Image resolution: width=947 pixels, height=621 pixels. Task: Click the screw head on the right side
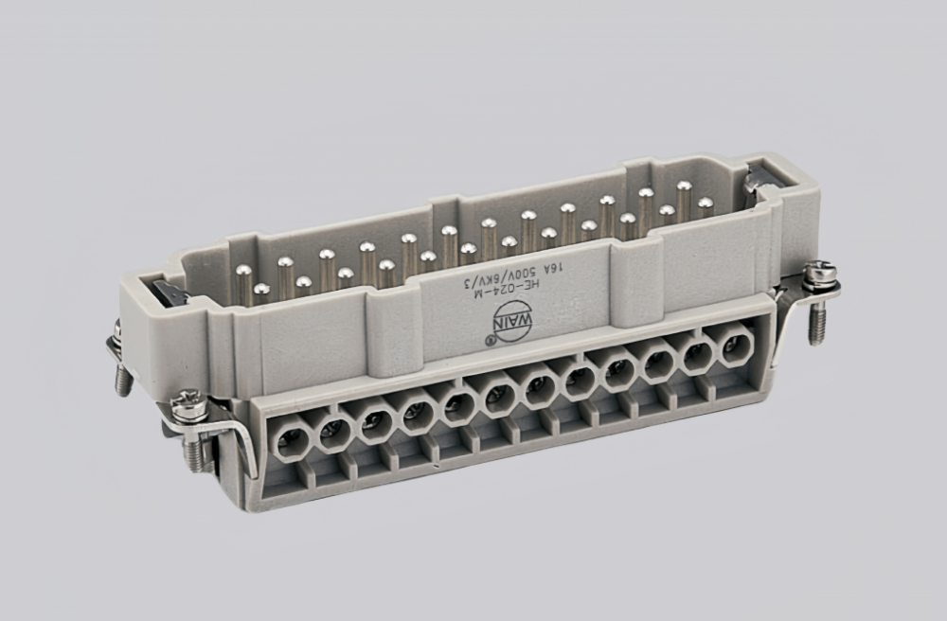point(816,275)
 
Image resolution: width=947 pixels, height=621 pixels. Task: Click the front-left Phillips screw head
point(189,406)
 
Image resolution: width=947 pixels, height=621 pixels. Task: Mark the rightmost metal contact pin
point(705,206)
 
